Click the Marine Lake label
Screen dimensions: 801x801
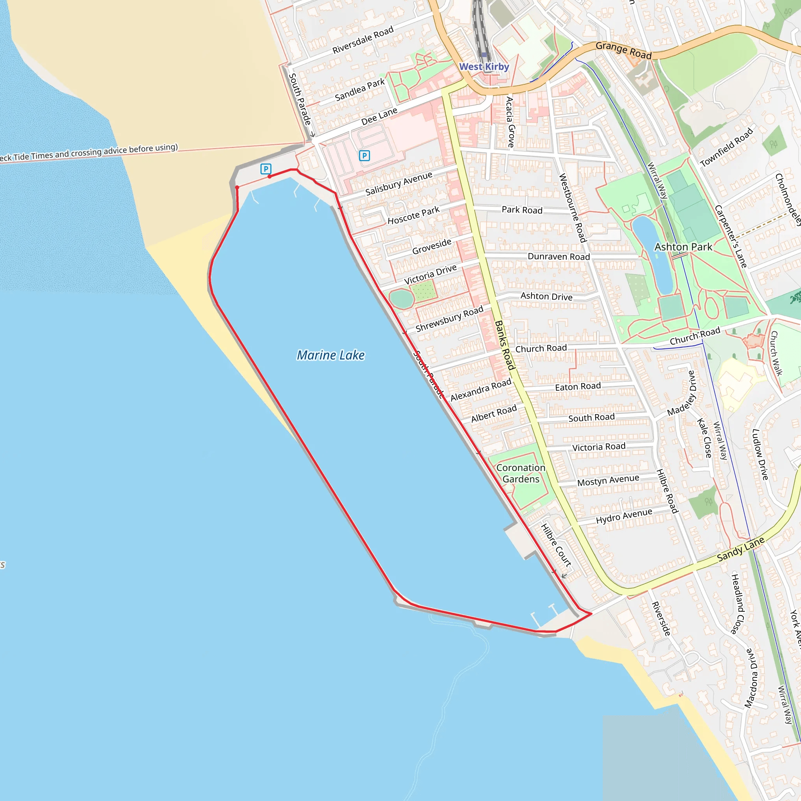coord(330,355)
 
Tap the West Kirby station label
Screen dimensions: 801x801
coord(484,67)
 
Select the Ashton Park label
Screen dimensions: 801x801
coord(683,247)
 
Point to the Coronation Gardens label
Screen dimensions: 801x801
coord(521,474)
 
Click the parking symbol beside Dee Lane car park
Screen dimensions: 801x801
coord(364,156)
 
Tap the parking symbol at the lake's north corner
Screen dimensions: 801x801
coord(266,169)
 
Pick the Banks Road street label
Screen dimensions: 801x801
coord(505,345)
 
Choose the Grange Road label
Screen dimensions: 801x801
coord(623,50)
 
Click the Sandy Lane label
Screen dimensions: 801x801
coord(740,550)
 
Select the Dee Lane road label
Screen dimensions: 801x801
coord(379,116)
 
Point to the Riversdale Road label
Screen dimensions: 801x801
coord(363,40)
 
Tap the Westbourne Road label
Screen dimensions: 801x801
coord(573,208)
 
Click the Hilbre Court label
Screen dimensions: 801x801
coord(556,545)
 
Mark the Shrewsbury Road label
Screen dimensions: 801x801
coord(449,318)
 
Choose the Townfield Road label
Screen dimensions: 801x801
coord(726,147)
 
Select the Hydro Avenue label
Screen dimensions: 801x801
coord(623,516)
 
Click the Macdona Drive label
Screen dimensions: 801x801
coord(752,678)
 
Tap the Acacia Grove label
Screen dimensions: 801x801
coord(510,122)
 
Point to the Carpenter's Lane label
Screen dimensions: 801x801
coord(731,236)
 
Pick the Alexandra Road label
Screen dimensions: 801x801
coord(481,390)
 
